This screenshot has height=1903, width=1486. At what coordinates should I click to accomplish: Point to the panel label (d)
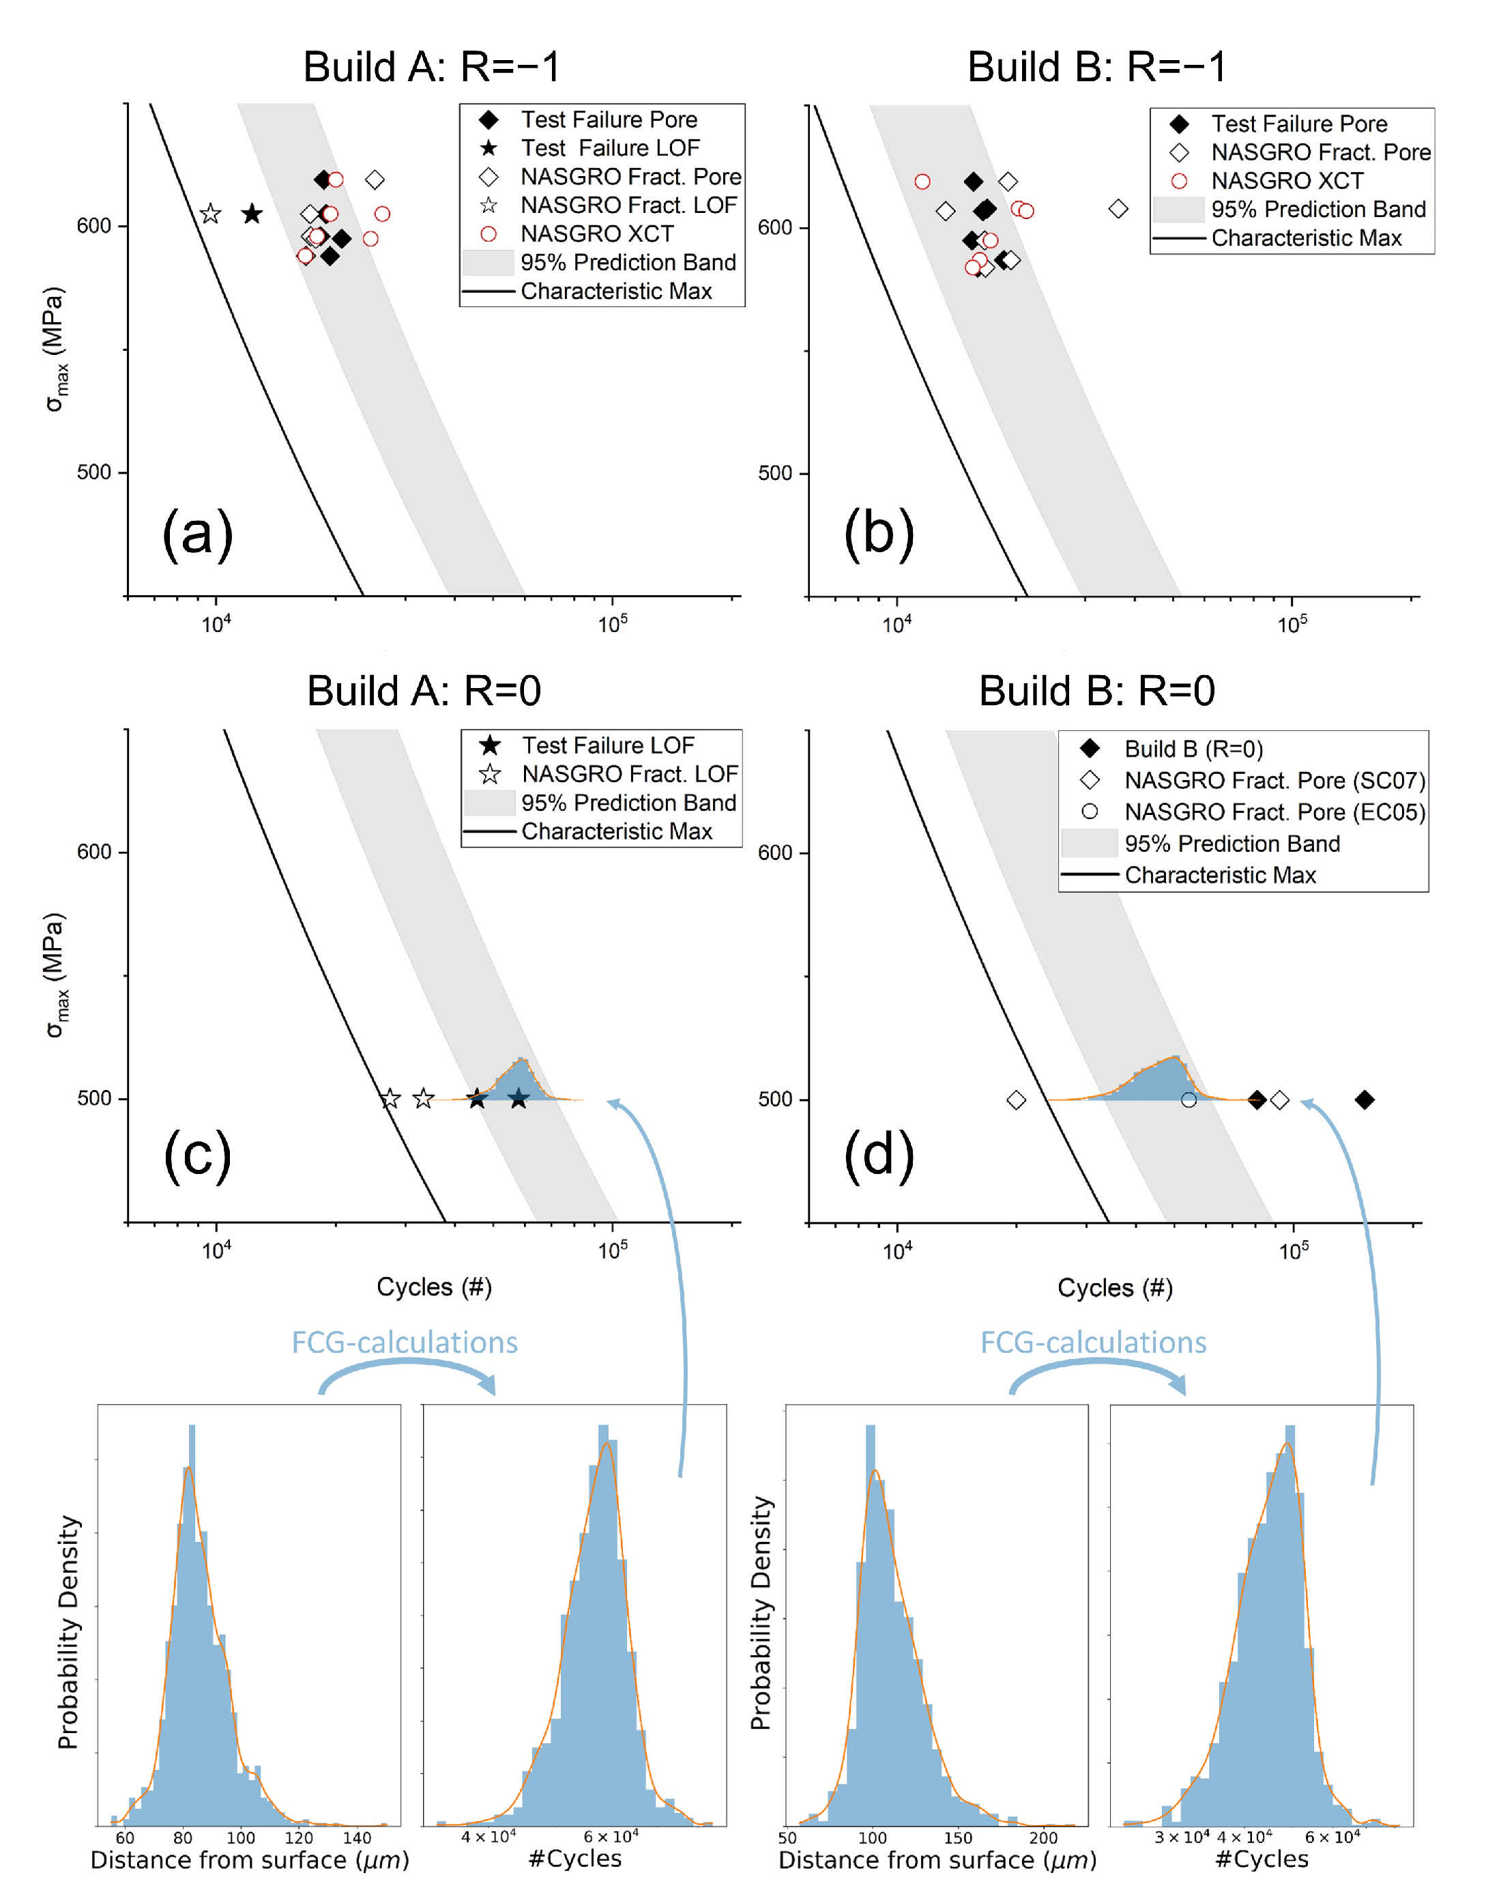(x=879, y=1154)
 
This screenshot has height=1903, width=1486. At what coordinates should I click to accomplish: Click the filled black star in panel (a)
(x=252, y=214)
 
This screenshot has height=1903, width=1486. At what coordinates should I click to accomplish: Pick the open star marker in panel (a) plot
(x=210, y=214)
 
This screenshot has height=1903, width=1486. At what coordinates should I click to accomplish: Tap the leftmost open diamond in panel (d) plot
(x=1016, y=1100)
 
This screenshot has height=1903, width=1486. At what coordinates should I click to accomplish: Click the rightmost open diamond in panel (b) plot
(x=1118, y=209)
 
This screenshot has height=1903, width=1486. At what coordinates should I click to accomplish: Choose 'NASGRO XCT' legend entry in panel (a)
(x=597, y=233)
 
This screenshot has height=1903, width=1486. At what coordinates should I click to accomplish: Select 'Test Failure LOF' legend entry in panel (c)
(x=607, y=746)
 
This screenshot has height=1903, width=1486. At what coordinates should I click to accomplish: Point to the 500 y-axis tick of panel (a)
(x=93, y=472)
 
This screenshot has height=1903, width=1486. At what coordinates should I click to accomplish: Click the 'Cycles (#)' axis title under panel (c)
(x=434, y=1287)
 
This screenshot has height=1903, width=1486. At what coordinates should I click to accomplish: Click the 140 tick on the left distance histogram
(x=356, y=1839)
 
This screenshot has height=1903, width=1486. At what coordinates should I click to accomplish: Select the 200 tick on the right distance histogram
(x=1043, y=1839)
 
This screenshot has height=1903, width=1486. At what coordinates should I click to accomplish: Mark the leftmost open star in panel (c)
(x=390, y=1099)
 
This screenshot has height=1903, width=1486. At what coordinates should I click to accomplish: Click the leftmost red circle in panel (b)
(x=922, y=182)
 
